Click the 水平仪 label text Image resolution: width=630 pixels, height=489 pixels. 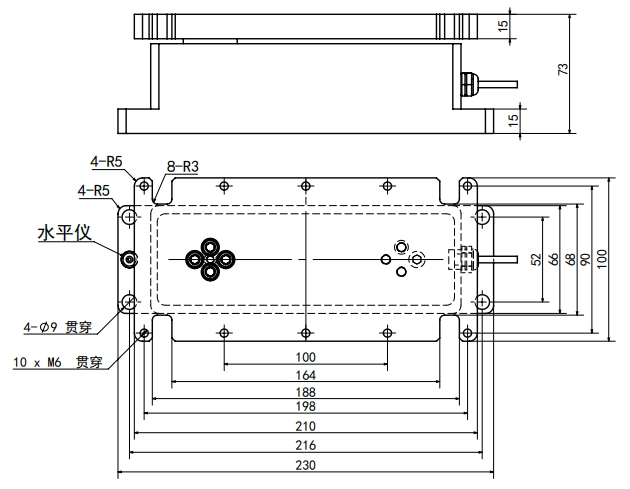(65, 233)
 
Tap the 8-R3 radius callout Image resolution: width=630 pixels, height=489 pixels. (183, 166)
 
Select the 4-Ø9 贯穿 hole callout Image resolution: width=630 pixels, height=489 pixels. (58, 327)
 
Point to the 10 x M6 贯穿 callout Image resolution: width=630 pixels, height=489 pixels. (58, 362)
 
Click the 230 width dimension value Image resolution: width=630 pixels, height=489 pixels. (306, 465)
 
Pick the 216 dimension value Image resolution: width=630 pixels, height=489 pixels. (306, 446)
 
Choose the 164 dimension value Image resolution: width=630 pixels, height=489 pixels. (306, 375)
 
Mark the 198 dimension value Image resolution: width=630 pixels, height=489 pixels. (306, 406)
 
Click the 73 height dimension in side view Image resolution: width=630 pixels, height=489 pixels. (563, 69)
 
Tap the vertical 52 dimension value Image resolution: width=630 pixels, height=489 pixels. (536, 259)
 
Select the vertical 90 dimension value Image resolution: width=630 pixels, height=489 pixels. (585, 259)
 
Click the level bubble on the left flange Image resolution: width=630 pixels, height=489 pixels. (129, 260)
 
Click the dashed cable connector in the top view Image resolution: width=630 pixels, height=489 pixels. (462, 260)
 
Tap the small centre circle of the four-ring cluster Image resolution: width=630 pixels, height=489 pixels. (210, 260)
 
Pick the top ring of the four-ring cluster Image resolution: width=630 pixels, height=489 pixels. (210, 246)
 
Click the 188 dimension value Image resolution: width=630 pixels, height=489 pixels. (306, 392)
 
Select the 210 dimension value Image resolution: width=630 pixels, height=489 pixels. (306, 426)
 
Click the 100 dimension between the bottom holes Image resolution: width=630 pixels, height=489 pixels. (306, 357)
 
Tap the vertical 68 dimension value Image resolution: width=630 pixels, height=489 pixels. (570, 259)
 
